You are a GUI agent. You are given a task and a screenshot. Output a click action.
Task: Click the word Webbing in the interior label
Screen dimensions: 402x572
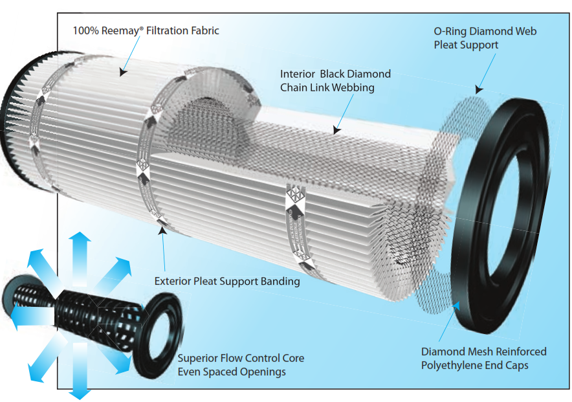(353, 87)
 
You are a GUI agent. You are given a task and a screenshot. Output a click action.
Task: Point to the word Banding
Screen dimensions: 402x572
(280, 282)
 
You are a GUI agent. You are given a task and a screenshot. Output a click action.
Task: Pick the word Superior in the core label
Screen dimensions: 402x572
(199, 358)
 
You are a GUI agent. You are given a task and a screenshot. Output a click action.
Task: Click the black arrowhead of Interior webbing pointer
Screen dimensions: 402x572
(336, 130)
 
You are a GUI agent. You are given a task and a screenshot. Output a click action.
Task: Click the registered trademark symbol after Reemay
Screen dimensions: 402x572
(141, 27)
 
